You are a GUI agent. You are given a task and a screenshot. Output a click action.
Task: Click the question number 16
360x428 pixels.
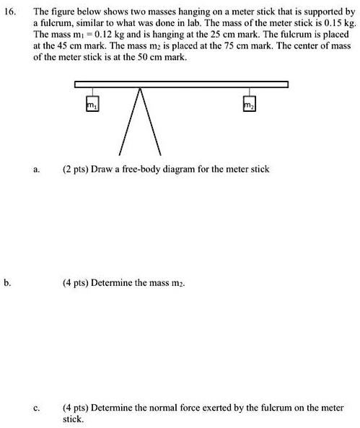pos(11,13)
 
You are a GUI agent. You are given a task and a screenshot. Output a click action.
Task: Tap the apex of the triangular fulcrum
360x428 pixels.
pos(139,88)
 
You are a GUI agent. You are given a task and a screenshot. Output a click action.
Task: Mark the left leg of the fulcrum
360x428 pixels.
pos(130,121)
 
